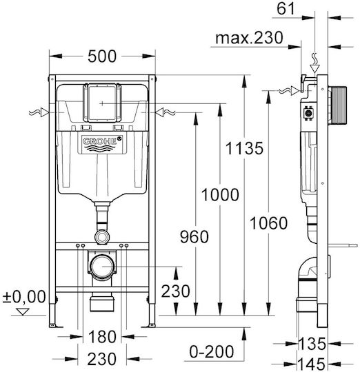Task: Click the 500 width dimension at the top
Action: [102, 56]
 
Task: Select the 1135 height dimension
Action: [244, 148]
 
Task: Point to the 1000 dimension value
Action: [220, 194]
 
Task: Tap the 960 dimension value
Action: [194, 237]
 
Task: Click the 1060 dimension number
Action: [268, 223]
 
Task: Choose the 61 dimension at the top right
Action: [286, 9]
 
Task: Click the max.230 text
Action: [250, 38]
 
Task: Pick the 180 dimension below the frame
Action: [102, 337]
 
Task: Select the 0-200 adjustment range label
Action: [212, 351]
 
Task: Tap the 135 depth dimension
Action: [312, 344]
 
